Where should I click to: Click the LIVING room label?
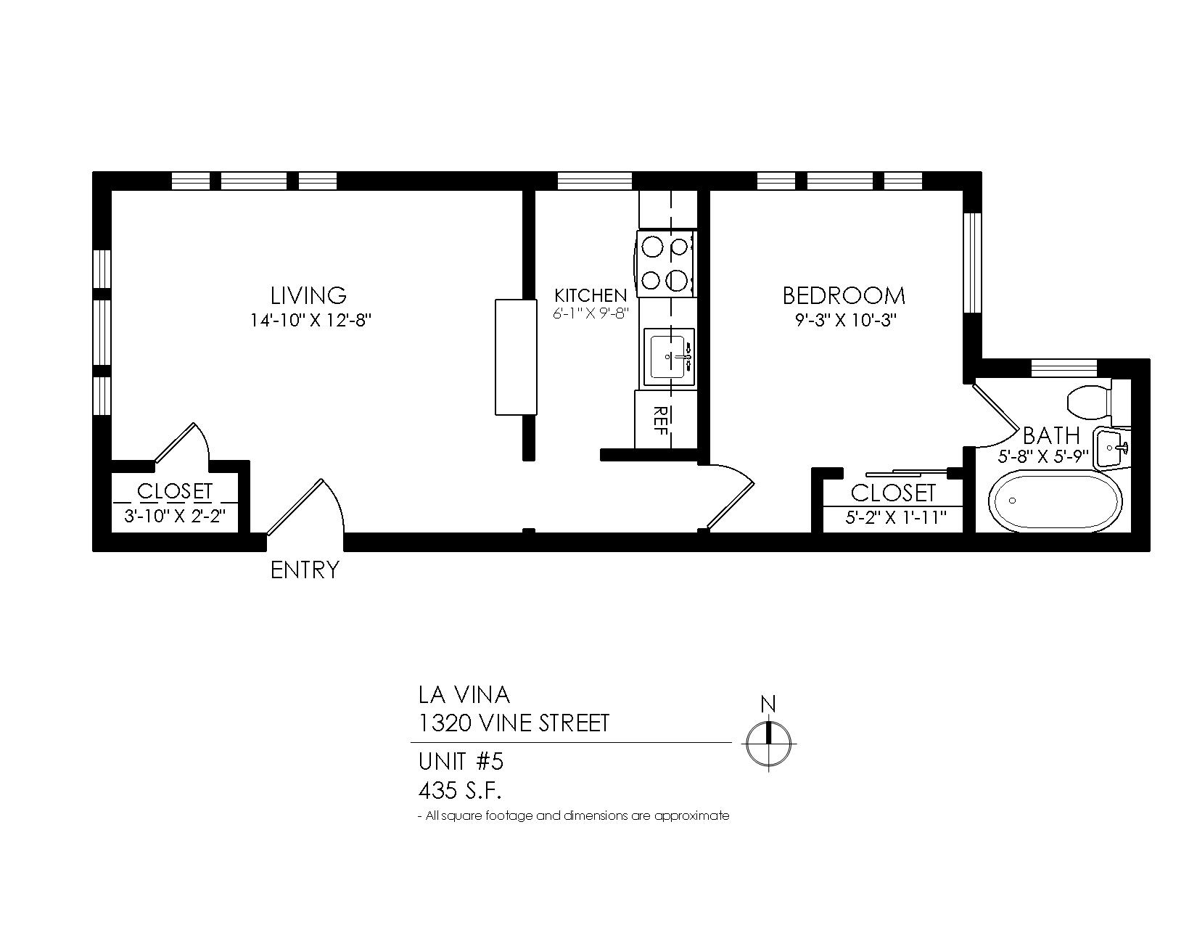click(308, 295)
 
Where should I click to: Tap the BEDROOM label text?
click(844, 296)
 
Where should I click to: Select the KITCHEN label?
click(591, 295)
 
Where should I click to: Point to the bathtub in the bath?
click(1055, 501)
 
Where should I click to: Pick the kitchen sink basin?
click(669, 358)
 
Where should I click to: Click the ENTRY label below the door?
click(305, 570)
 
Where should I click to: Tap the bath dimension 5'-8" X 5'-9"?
click(1043, 457)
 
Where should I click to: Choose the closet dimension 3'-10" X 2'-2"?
click(175, 517)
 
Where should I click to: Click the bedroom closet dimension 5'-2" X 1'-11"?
click(896, 518)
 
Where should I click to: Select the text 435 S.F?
click(460, 791)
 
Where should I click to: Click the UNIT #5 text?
click(461, 761)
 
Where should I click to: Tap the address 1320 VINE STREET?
click(514, 723)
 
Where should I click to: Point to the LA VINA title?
click(464, 695)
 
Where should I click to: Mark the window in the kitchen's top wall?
click(594, 181)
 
